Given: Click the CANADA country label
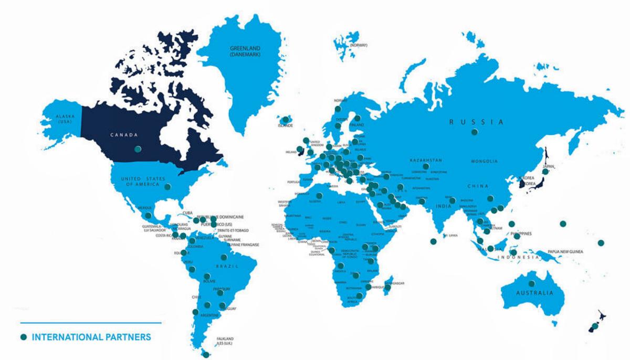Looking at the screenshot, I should pyautogui.click(x=123, y=135).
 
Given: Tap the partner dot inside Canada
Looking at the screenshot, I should pyautogui.click(x=138, y=149).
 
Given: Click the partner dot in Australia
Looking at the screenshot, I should pyautogui.click(x=532, y=283).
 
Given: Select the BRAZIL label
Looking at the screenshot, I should pyautogui.click(x=226, y=266).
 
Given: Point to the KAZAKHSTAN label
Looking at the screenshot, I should pyautogui.click(x=425, y=160).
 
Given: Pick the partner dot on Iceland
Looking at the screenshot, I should pyautogui.click(x=286, y=120).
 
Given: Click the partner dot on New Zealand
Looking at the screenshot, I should pyautogui.click(x=595, y=326).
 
